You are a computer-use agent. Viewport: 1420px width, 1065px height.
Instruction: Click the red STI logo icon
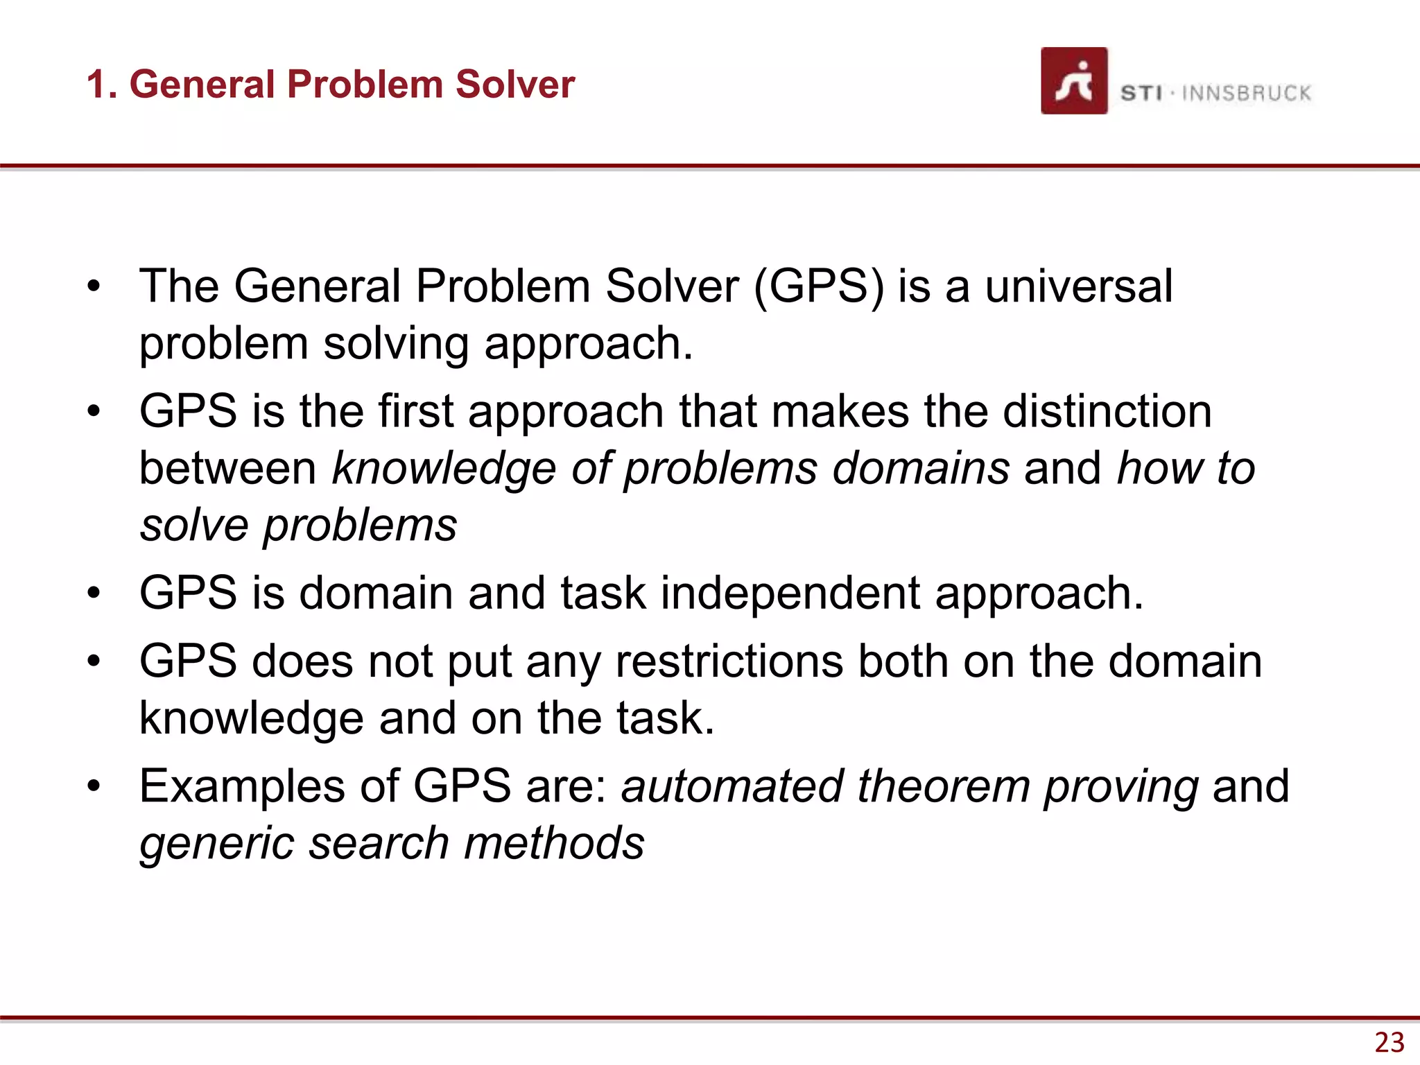[x=1073, y=80]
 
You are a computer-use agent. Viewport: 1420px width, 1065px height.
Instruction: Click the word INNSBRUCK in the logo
[x=1246, y=93]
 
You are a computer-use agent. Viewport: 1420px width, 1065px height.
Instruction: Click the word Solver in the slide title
[x=515, y=85]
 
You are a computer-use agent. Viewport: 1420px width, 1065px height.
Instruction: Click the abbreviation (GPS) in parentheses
[x=818, y=286]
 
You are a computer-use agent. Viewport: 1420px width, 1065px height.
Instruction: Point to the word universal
[x=1079, y=286]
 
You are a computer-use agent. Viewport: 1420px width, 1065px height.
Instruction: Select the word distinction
[x=1107, y=410]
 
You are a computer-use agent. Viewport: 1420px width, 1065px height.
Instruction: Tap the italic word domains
[x=921, y=468]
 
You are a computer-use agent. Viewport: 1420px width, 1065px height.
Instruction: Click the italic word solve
[x=194, y=525]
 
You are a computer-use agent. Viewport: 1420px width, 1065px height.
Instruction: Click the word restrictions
[x=729, y=661]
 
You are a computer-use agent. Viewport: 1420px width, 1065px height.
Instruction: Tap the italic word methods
[x=554, y=843]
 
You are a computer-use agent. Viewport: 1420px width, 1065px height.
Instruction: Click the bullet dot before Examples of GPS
[x=94, y=786]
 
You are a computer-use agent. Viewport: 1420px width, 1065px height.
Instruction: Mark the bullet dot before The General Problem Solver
[x=94, y=286]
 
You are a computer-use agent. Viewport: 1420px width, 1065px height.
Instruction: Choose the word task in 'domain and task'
[x=603, y=593]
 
